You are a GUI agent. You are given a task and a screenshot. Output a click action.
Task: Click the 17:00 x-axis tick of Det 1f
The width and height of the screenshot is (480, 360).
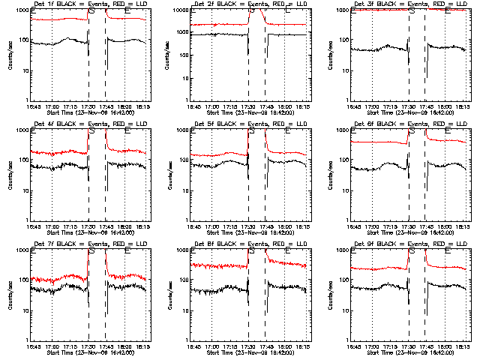[x=52, y=106]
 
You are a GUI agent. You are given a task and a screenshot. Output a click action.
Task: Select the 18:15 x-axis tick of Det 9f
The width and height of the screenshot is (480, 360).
[x=463, y=346]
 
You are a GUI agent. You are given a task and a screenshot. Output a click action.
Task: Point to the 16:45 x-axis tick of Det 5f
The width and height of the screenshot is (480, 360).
[x=193, y=226]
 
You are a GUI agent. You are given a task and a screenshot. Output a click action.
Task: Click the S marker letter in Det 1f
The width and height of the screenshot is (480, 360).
[x=91, y=12]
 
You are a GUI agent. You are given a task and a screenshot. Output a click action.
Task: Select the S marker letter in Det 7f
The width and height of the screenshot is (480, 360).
[x=91, y=252]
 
